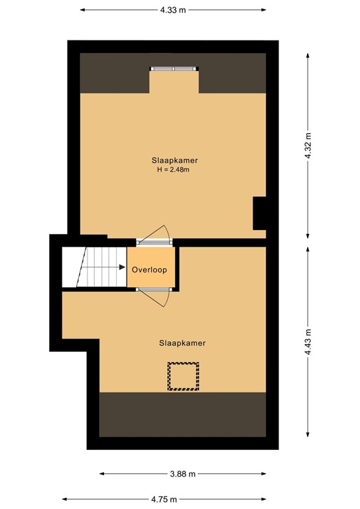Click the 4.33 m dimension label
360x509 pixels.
(173, 10)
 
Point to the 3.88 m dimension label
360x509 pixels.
(182, 474)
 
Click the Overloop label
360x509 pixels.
(149, 270)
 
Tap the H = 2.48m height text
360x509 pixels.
(173, 170)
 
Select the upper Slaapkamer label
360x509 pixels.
(174, 160)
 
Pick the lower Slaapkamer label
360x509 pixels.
(182, 343)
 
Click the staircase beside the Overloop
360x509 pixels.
(93, 267)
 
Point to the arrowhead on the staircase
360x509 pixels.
(123, 268)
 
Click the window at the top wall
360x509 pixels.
(173, 68)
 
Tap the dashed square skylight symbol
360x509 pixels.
(183, 376)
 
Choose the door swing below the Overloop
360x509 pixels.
(157, 299)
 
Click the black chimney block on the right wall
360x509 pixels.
(260, 213)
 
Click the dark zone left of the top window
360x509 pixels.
(114, 73)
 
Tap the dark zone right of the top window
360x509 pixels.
(232, 73)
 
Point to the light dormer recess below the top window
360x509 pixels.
(173, 82)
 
